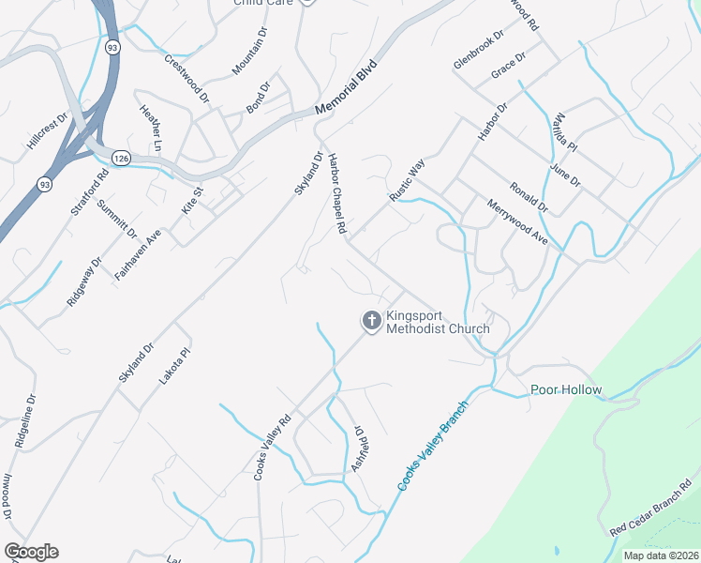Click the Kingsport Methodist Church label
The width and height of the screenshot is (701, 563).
[439, 322]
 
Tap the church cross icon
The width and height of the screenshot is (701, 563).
[371, 322]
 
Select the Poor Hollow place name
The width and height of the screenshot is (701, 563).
[566, 389]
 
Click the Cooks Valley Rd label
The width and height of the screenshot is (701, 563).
[273, 448]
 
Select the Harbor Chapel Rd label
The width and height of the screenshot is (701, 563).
[337, 193]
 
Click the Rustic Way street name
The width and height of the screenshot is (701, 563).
[408, 179]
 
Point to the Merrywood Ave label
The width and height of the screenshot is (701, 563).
[516, 222]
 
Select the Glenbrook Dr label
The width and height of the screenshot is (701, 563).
[478, 48]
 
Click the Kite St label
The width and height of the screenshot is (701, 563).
[192, 198]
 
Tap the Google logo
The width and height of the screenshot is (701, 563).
[31, 552]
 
